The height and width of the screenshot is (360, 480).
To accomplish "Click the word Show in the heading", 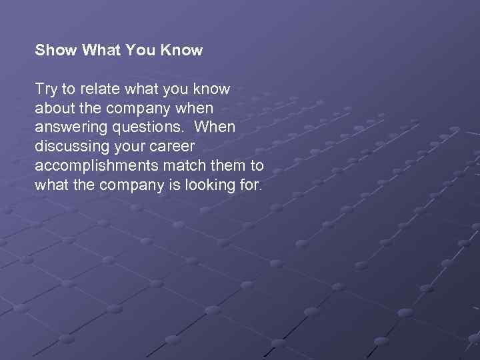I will (x=56, y=50).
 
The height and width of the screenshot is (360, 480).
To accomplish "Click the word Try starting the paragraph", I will (x=46, y=89).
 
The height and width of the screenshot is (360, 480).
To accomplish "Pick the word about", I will (x=55, y=108).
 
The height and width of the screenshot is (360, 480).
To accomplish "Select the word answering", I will (x=68, y=127).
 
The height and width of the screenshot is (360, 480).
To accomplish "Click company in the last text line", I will (x=129, y=185).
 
